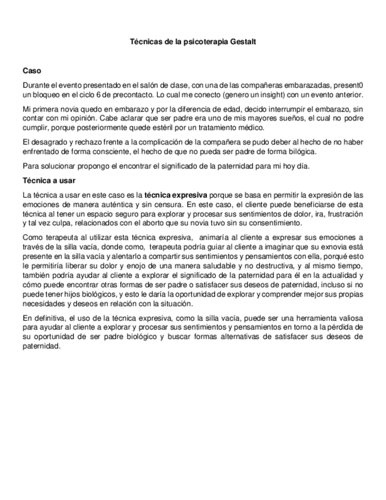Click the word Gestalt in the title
243,42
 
